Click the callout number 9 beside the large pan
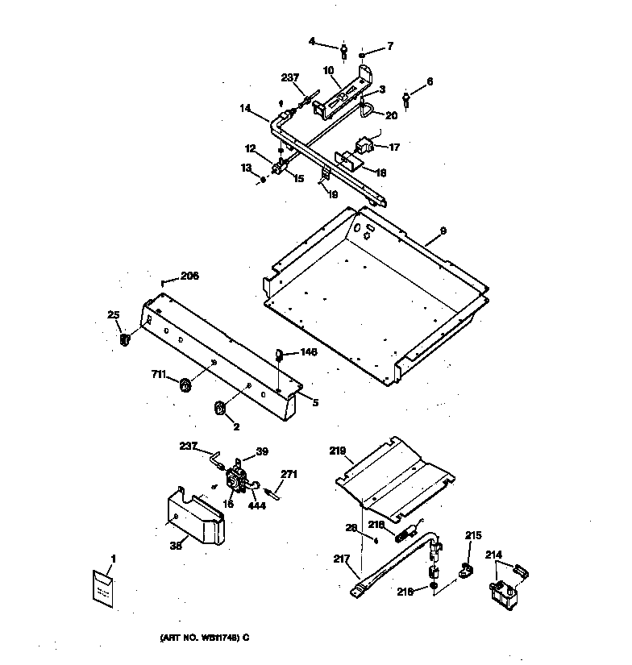pos(443,231)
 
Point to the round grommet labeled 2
pos(218,409)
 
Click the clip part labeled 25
pos(125,340)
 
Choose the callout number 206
pos(189,276)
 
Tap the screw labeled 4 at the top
pos(344,52)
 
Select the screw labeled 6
pos(408,99)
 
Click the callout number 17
pos(394,148)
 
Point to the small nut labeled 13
pos(263,179)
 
